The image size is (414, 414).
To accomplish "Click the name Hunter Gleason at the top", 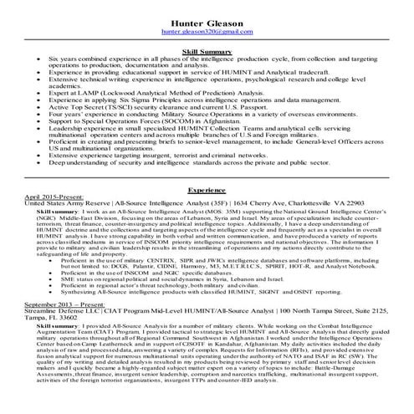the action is click(x=207, y=19).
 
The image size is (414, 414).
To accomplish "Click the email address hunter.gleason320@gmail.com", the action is click(x=207, y=30).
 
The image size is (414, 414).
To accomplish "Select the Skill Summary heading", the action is click(x=207, y=52).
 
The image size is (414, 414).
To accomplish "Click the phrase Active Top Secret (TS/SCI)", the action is click(x=92, y=107).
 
